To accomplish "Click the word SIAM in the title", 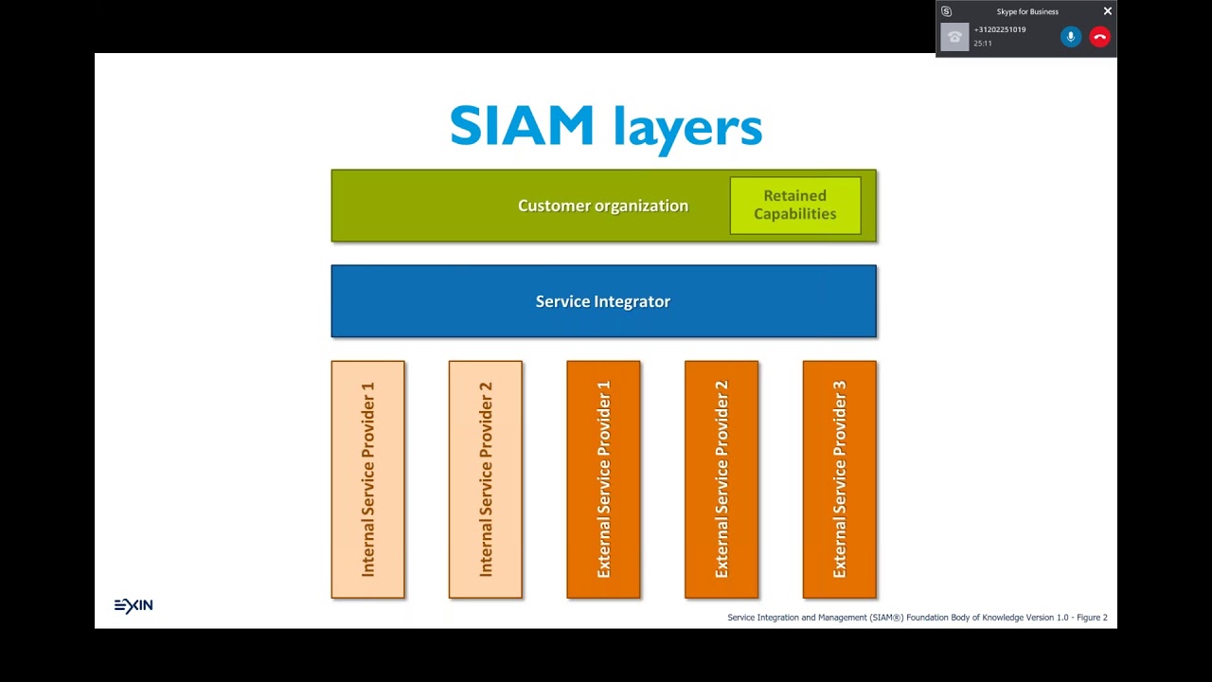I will (522, 127).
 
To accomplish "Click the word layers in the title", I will (687, 127).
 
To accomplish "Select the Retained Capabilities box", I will (795, 206).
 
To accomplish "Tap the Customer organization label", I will (602, 206).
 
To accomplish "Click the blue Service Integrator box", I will (603, 301).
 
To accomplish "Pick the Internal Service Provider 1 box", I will (368, 479).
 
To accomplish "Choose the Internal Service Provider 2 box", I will (486, 479).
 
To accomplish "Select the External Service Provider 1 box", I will (603, 479).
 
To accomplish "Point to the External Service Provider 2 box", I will (722, 479).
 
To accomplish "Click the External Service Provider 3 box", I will (839, 479).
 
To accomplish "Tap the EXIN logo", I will (134, 606).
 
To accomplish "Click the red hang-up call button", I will (1099, 37).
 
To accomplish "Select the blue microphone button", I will (1071, 37).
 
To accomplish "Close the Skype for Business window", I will (1108, 11).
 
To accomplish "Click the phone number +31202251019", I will (1000, 30).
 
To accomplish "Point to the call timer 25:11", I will (983, 44).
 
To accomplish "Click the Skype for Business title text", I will (1027, 12).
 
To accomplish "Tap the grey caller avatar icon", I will (954, 37).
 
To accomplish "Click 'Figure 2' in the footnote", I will (1092, 618).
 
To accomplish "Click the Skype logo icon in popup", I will (946, 11).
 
